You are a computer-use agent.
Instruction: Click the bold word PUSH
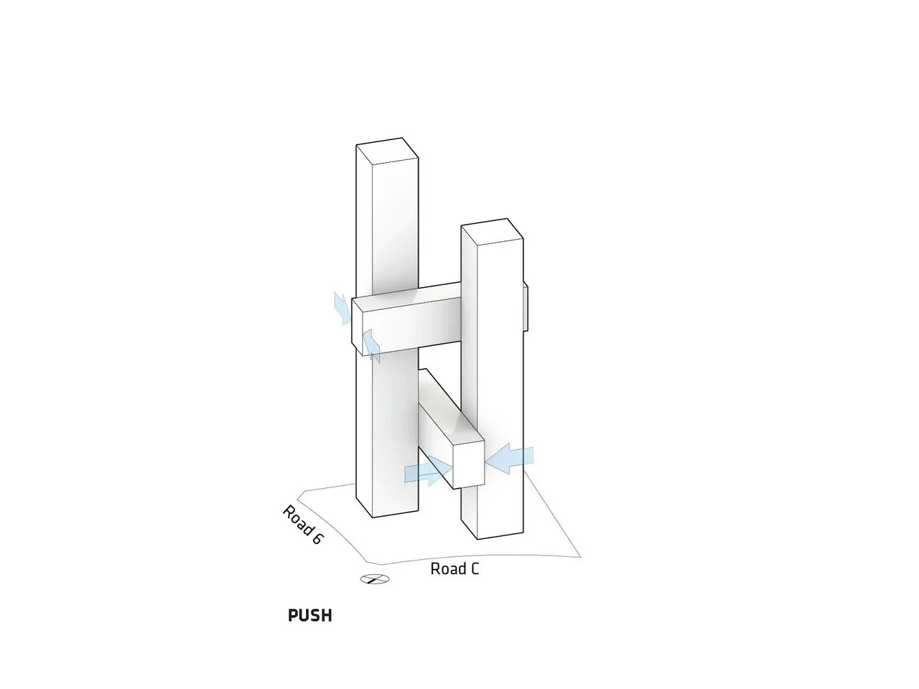pyautogui.click(x=310, y=615)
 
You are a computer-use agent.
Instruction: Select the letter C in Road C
pyautogui.click(x=474, y=569)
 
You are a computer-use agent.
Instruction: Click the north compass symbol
pyautogui.click(x=375, y=579)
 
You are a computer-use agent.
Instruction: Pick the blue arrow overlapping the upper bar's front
pyautogui.click(x=371, y=345)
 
